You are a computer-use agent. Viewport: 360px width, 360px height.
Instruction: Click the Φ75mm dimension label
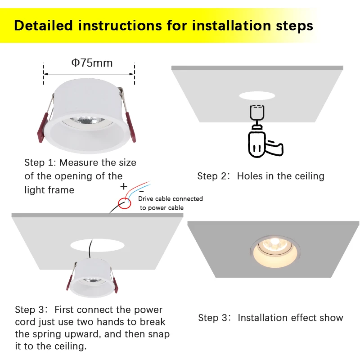[x=92, y=63]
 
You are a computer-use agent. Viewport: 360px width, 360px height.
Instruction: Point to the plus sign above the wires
[x=124, y=186]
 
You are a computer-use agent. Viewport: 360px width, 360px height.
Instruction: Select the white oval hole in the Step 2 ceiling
[x=257, y=95]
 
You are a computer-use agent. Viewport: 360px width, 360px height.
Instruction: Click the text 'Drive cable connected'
[x=171, y=198]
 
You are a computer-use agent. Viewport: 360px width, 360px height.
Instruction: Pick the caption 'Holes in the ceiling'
[x=280, y=176]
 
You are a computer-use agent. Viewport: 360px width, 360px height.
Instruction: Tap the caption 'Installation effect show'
[x=290, y=318]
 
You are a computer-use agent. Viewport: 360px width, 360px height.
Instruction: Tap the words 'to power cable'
[x=162, y=208]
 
